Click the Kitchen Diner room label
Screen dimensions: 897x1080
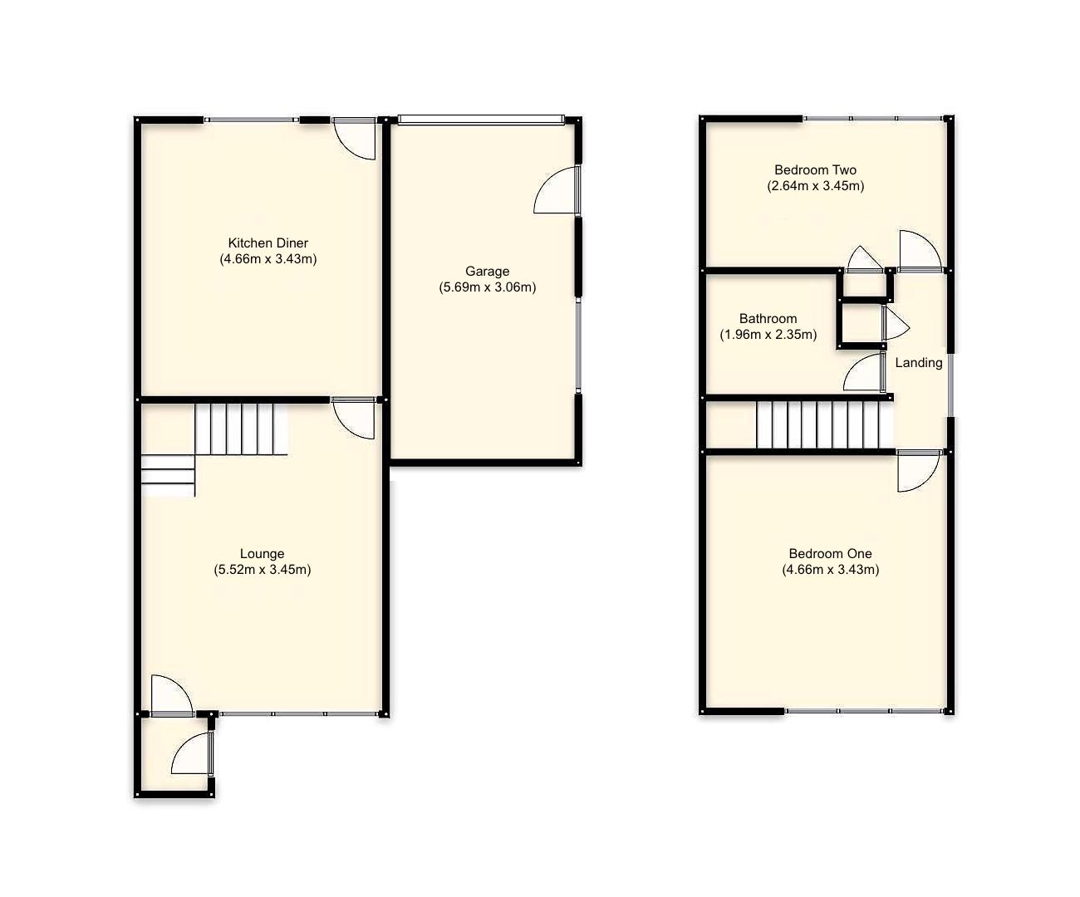tap(268, 243)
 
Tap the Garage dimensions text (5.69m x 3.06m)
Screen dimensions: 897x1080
tap(487, 287)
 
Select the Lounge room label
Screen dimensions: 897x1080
tap(262, 554)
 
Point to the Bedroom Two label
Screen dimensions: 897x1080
tap(815, 170)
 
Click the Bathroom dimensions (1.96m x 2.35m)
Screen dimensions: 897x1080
tap(768, 335)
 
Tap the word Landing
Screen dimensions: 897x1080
tap(918, 363)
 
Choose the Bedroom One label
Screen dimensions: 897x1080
tap(830, 554)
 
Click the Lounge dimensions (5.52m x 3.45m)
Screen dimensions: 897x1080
tap(262, 570)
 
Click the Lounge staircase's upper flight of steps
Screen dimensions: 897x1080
tap(241, 429)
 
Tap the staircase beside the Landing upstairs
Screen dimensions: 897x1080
tap(822, 424)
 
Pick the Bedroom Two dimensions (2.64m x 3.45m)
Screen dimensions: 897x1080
tap(815, 186)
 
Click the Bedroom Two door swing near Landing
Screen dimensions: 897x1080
tap(918, 250)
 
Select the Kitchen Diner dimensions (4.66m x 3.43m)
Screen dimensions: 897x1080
tap(268, 259)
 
